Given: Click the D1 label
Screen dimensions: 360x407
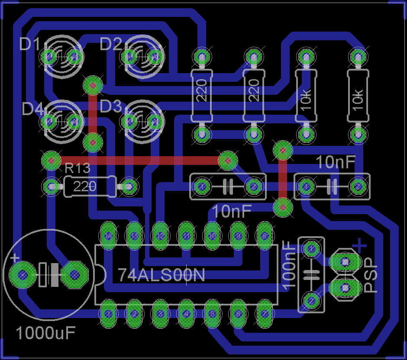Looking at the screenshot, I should (30, 45).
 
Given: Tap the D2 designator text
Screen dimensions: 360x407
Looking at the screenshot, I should (111, 44).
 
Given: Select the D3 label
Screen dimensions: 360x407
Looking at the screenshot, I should (111, 106).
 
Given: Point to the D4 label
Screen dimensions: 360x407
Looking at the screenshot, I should (33, 109).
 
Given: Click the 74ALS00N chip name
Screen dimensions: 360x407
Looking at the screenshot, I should (162, 275).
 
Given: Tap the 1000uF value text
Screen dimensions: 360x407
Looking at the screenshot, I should (46, 333).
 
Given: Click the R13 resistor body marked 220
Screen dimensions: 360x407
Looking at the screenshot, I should (90, 187).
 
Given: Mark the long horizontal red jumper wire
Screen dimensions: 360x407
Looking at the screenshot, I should (139, 161).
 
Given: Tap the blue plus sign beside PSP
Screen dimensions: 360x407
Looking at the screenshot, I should (359, 246).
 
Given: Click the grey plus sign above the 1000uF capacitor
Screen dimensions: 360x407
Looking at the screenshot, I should (15, 258).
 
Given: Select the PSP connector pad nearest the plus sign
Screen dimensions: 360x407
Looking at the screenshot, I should (345, 261).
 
